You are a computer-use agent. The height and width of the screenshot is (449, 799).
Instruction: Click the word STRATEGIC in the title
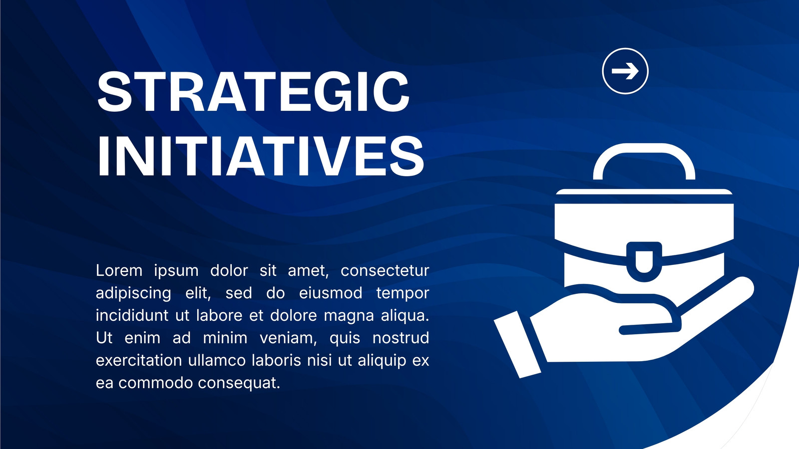click(253, 92)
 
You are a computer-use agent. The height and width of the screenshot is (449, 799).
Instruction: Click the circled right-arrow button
click(625, 71)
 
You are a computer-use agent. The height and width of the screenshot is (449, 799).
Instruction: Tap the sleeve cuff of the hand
click(517, 344)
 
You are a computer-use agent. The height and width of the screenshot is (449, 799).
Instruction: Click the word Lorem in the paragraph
click(119, 270)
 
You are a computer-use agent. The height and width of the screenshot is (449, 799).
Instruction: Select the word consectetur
click(385, 271)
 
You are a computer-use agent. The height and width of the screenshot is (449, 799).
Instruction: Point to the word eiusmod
click(331, 293)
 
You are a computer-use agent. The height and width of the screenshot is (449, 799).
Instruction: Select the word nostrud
click(400, 338)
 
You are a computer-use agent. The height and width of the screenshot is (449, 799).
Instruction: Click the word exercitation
click(139, 360)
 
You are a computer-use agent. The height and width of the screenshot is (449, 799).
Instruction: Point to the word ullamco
click(217, 360)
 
